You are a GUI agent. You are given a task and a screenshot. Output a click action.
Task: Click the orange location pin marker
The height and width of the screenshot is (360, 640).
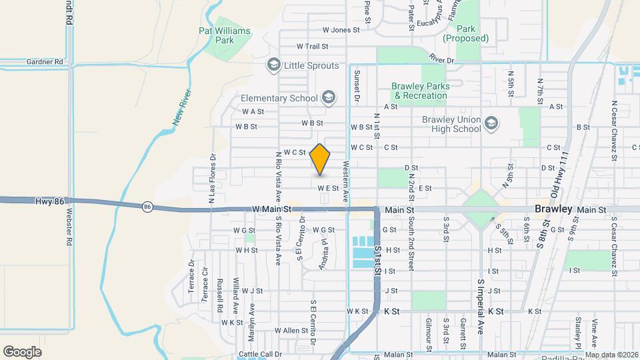coord(320,159)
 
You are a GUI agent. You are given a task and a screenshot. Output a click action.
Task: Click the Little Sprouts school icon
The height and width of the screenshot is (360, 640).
coord(273,65)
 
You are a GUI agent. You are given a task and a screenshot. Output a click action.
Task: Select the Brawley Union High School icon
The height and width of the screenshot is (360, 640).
coord(491,123)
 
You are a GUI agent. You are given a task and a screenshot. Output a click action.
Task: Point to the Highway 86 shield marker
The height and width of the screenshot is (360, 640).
coord(147,207)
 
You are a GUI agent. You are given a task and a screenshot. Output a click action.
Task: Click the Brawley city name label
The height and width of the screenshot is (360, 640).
coord(553,209)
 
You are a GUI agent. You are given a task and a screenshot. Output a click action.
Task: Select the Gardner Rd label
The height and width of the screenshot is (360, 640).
coord(45,61)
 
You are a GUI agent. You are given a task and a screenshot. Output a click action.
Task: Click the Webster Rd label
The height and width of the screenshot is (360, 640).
coord(69,229)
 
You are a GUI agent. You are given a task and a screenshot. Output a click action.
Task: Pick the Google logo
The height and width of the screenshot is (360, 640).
coord(22,351)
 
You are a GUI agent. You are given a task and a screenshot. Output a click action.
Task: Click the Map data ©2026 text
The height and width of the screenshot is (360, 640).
coord(610,355)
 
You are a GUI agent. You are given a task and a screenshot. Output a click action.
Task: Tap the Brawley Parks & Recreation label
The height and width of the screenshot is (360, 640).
coord(419,91)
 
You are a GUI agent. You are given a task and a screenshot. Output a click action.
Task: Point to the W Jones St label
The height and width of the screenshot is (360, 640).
coord(341,30)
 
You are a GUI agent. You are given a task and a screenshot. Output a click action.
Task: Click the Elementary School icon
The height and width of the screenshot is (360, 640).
coord(327,99)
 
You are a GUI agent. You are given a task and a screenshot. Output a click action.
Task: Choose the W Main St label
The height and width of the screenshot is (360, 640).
coord(273,209)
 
